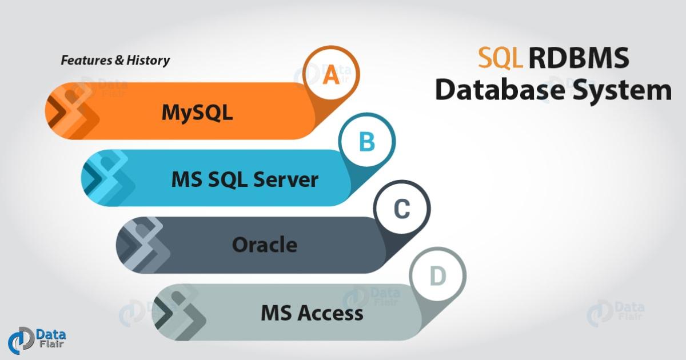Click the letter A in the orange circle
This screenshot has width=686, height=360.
(331, 75)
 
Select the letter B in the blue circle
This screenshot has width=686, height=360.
(366, 142)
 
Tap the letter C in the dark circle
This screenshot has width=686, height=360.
(402, 210)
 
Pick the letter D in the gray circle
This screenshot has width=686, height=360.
(437, 277)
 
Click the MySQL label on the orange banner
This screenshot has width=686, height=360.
(197, 112)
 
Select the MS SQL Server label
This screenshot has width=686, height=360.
(245, 179)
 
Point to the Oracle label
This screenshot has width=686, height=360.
(264, 245)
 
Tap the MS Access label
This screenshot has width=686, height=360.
(312, 313)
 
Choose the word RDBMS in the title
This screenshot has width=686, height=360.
(579, 59)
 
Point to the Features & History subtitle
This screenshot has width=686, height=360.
(115, 60)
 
